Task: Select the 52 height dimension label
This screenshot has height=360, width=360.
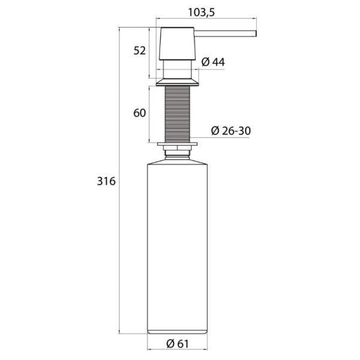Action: tap(139, 52)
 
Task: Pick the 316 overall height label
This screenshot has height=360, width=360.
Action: tap(105, 181)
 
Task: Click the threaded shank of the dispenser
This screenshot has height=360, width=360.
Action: tap(177, 114)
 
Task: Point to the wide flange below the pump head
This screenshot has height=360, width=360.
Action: tap(177, 82)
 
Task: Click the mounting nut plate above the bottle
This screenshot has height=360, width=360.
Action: tap(177, 144)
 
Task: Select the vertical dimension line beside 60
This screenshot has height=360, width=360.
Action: tap(148, 114)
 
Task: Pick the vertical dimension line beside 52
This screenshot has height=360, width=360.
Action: tap(148, 53)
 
